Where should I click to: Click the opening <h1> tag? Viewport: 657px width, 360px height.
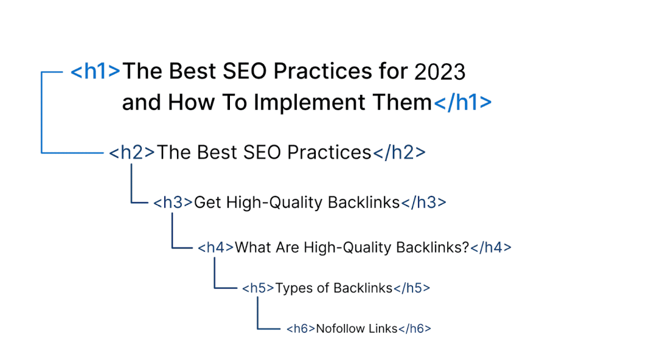(96, 71)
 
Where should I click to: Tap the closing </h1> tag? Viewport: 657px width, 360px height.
(462, 103)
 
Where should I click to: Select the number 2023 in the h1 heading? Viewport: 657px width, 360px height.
(440, 72)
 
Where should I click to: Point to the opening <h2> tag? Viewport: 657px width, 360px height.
(132, 153)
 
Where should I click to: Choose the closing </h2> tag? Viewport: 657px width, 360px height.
(399, 153)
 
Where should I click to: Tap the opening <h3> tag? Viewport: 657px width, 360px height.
(173, 203)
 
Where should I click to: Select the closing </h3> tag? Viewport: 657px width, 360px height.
(423, 203)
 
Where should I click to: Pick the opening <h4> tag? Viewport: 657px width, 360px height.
(215, 247)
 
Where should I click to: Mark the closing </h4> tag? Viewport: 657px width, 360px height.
(491, 247)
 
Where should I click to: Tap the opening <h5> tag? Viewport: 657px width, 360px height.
(258, 288)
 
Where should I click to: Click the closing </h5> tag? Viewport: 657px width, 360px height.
(412, 288)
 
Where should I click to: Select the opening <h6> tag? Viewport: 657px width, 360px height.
(301, 328)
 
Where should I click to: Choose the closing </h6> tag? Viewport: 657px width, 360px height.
(414, 328)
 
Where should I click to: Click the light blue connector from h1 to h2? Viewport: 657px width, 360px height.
(41, 112)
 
